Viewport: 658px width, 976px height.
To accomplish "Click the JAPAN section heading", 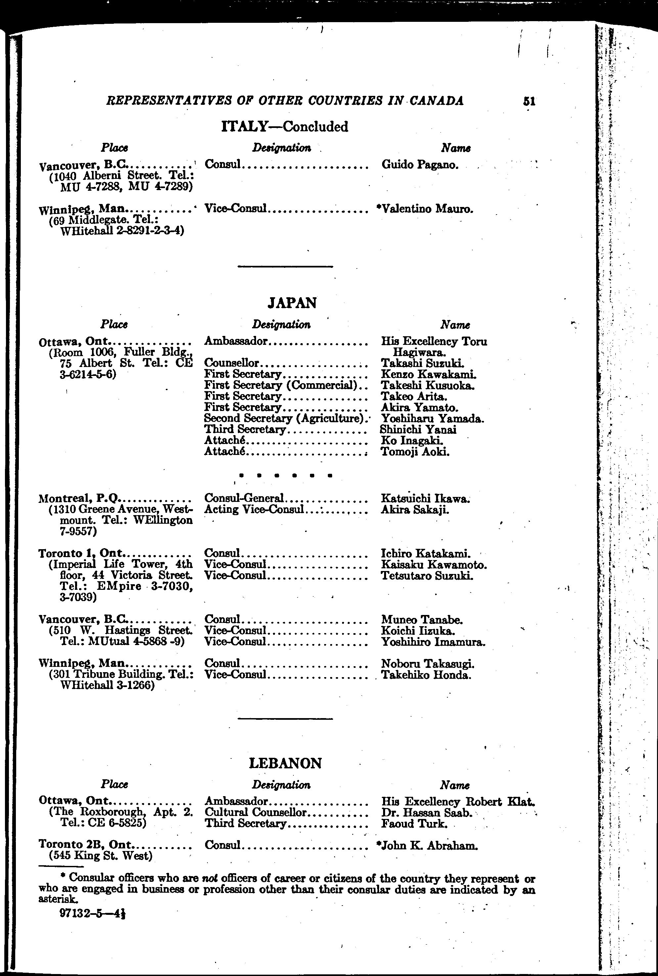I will pos(292,303).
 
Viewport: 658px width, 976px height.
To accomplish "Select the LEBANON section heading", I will pos(285,763).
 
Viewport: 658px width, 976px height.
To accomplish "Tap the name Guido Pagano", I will pos(419,165).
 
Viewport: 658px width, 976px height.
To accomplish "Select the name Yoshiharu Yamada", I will pos(433,419).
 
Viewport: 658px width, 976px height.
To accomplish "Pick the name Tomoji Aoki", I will pos(415,452).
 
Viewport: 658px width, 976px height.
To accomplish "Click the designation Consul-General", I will pos(244,498).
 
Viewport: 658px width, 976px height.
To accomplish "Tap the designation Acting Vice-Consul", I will pos(253,509).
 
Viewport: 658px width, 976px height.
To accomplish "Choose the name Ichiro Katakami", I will pos(425,554).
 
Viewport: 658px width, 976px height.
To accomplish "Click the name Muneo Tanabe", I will pos(422,620).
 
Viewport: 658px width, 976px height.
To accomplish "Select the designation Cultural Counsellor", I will pos(256,812).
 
